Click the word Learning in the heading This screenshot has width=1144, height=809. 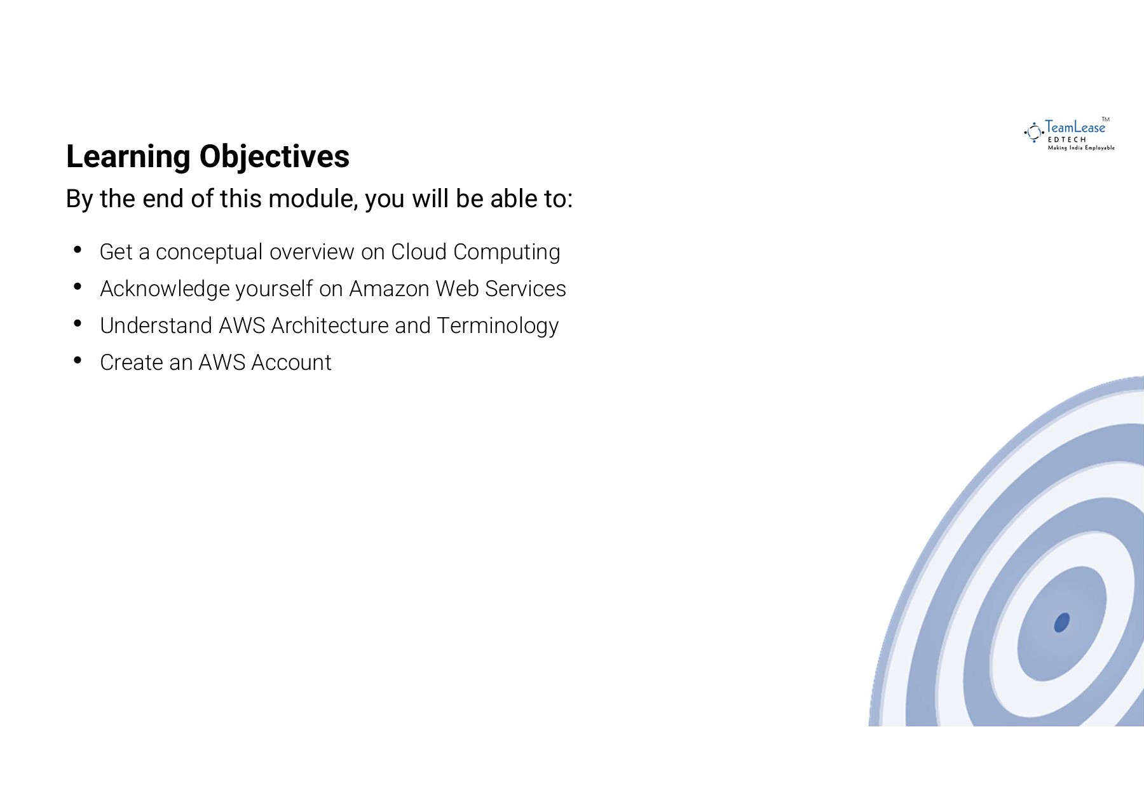pyautogui.click(x=128, y=157)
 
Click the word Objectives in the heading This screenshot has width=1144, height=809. pyautogui.click(x=274, y=157)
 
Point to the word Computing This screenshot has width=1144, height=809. pyautogui.click(x=507, y=253)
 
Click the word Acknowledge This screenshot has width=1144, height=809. pyautogui.click(x=165, y=289)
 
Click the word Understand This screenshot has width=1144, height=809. pyautogui.click(x=156, y=325)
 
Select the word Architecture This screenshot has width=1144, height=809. pyautogui.click(x=329, y=325)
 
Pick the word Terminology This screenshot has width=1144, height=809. pyautogui.click(x=498, y=327)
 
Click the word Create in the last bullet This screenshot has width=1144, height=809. pyautogui.click(x=132, y=362)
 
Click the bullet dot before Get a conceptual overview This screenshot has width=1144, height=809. pyautogui.click(x=78, y=250)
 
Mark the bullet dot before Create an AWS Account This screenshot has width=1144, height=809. pyautogui.click(x=78, y=360)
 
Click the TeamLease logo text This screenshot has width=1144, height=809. pyautogui.click(x=1075, y=128)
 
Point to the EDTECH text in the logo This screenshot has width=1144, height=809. pyautogui.click(x=1067, y=140)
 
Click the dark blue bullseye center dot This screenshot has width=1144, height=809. pyautogui.click(x=1061, y=622)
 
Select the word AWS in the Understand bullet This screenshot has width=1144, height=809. pyautogui.click(x=242, y=325)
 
